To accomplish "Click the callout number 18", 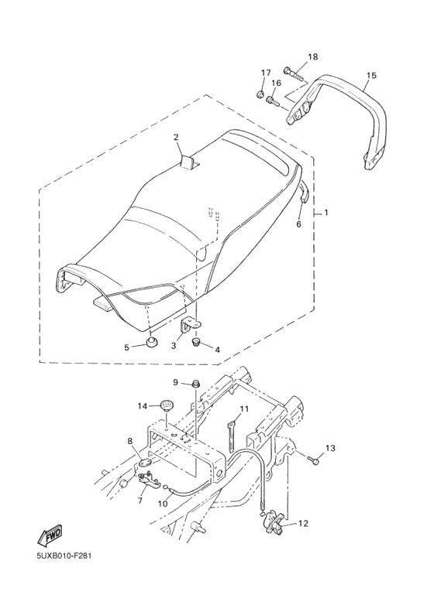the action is click(x=312, y=56).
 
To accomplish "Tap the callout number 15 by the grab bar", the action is click(x=371, y=75).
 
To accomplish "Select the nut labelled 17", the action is click(x=260, y=94).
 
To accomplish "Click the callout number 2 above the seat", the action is click(x=176, y=137).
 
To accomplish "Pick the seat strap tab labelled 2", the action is click(x=189, y=162).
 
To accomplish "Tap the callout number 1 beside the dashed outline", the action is click(x=325, y=213).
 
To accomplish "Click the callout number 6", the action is click(x=298, y=224).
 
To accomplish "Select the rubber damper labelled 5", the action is click(x=153, y=341).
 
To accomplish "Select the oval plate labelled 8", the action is click(x=144, y=463).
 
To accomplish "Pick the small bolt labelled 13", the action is click(x=315, y=462).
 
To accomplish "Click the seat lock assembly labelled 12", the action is click(x=274, y=523).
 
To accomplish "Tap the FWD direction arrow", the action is click(x=50, y=537).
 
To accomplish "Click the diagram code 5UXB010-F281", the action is click(x=64, y=555).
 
